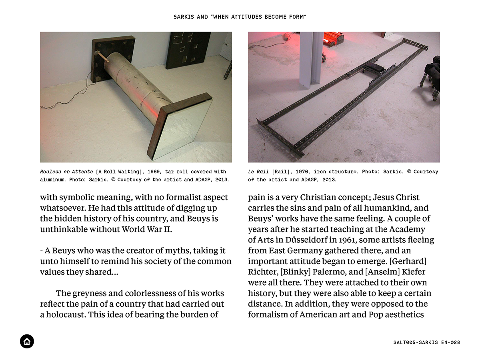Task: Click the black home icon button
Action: tap(27, 341)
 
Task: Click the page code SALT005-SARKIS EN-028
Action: tap(426, 342)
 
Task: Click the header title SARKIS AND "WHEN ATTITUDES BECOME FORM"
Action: tap(240, 17)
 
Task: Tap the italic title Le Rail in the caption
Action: tap(258, 172)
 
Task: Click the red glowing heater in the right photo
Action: tap(333, 38)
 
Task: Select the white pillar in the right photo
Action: tap(311, 60)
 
